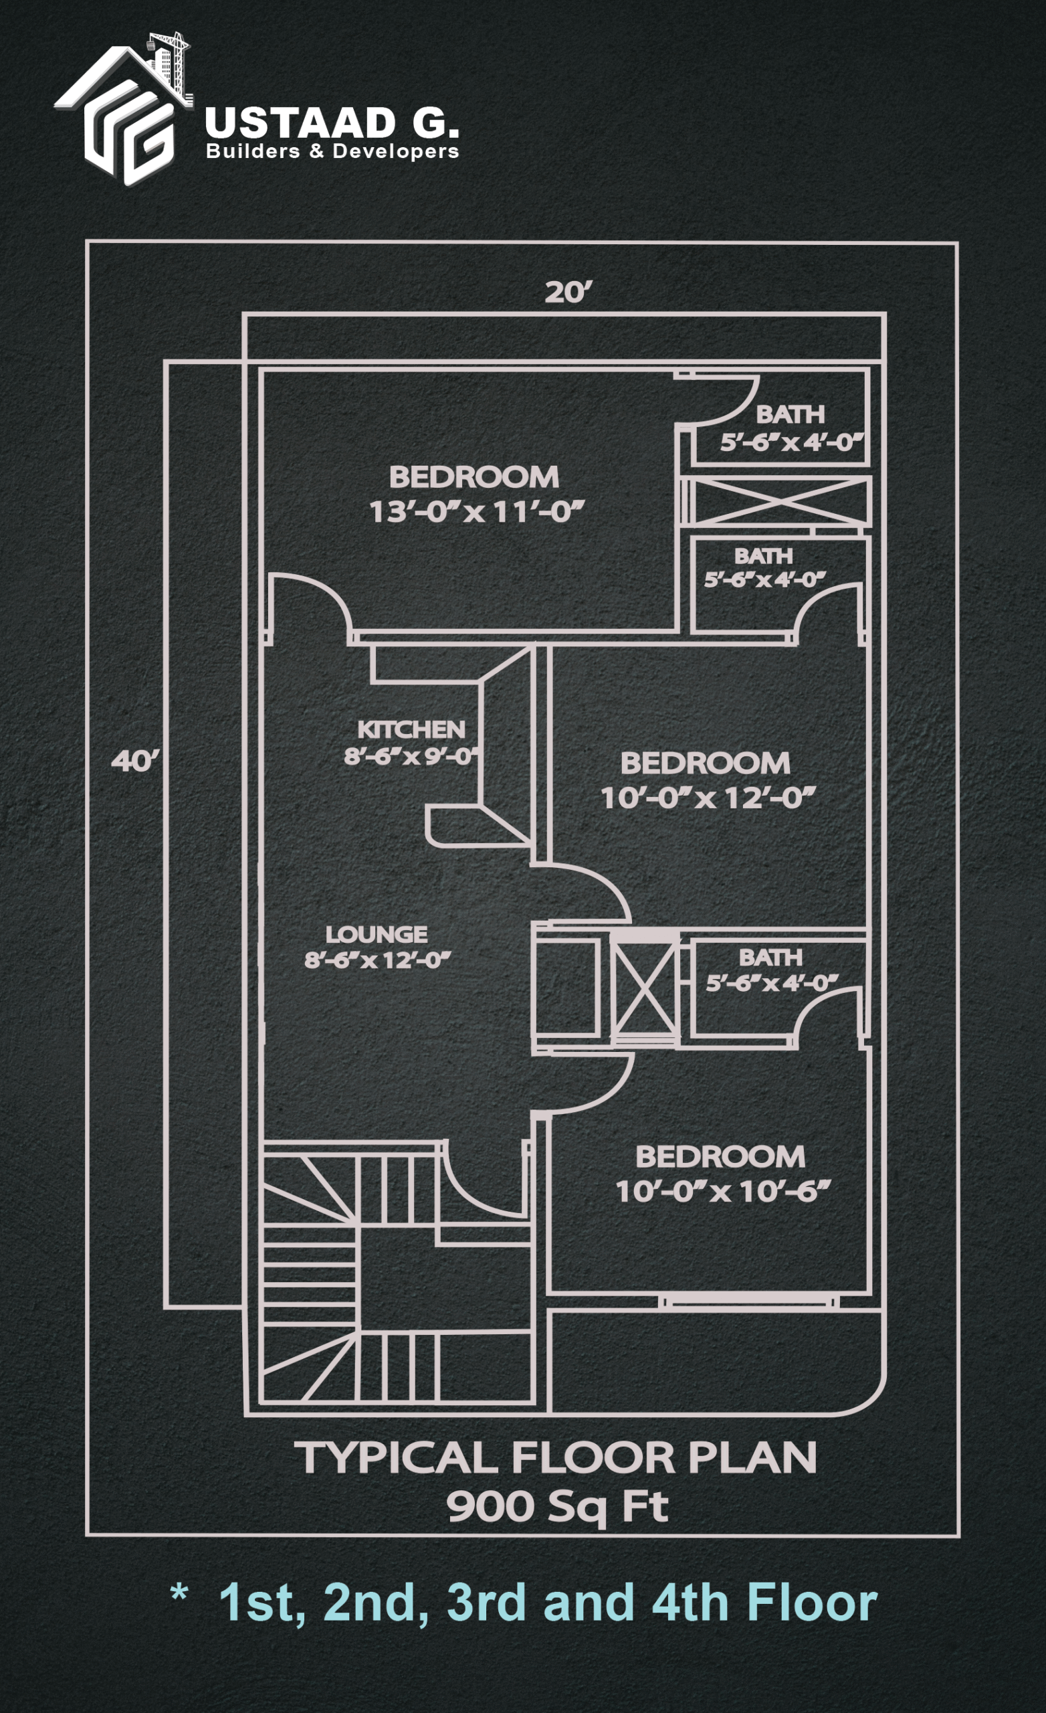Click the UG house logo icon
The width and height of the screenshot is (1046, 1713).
(123, 109)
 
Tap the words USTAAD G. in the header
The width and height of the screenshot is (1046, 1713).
(332, 124)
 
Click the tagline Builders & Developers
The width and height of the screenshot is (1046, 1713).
(332, 151)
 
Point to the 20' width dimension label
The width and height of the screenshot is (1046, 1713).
(568, 292)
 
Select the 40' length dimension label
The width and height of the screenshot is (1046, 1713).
(136, 761)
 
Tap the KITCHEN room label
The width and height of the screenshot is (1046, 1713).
(411, 729)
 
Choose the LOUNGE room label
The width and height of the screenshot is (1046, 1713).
(377, 934)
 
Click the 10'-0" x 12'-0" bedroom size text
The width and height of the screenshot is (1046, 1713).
(707, 798)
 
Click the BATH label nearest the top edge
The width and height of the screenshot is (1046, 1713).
(791, 414)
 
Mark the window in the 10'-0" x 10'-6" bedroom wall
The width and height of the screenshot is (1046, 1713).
(748, 1301)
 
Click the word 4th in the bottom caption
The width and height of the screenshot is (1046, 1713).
(691, 1603)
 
